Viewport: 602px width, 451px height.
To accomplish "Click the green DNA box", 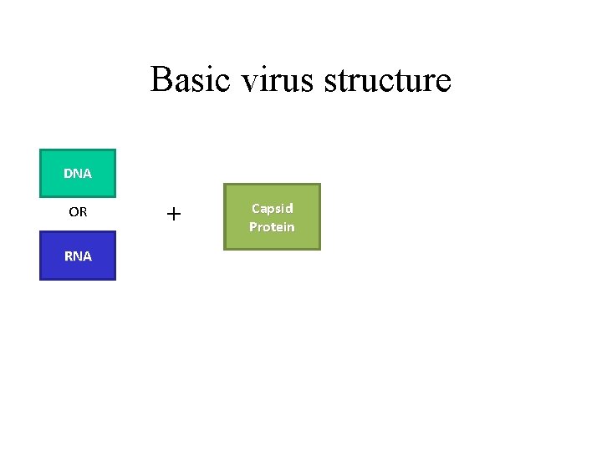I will pos(78,173).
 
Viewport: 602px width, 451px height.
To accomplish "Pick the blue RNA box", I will pos(78,256).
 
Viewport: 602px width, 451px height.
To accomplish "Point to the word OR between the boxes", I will pos(78,212).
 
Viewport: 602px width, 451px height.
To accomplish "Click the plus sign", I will pos(173,215).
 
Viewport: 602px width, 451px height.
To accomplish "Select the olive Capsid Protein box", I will pos(272,217).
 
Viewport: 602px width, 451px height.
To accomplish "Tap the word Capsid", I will pos(272,208).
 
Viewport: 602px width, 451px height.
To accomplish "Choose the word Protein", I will pos(272,227).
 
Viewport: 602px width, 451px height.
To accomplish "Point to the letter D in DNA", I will pos(68,174).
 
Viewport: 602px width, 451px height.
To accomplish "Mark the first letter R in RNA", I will pos(69,256).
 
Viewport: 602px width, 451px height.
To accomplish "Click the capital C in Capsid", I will pos(256,208).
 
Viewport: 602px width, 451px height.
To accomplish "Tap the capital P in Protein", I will pos(253,227).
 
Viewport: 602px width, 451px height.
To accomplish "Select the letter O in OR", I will pos(73,212).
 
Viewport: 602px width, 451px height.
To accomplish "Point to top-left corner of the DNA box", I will pos(40,149).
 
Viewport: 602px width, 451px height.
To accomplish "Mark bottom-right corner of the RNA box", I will pos(115,279).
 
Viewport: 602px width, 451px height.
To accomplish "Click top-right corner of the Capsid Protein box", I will pos(320,185).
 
